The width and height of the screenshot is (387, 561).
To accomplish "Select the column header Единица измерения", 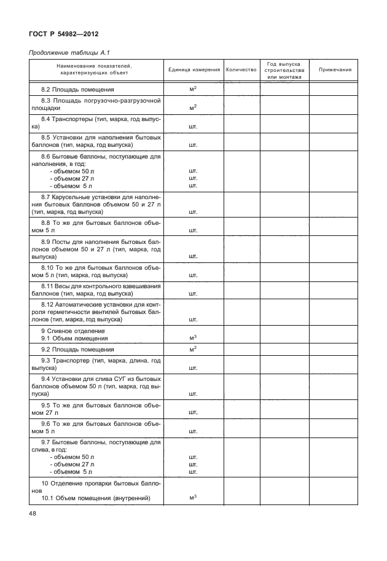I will tap(193, 70).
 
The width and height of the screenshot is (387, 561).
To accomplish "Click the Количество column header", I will tap(241, 70).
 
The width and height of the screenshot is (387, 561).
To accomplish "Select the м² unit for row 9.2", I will tap(193, 349).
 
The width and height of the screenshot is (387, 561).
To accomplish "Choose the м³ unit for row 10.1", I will tap(193, 498).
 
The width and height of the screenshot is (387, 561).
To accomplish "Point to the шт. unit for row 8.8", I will tap(193, 230).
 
